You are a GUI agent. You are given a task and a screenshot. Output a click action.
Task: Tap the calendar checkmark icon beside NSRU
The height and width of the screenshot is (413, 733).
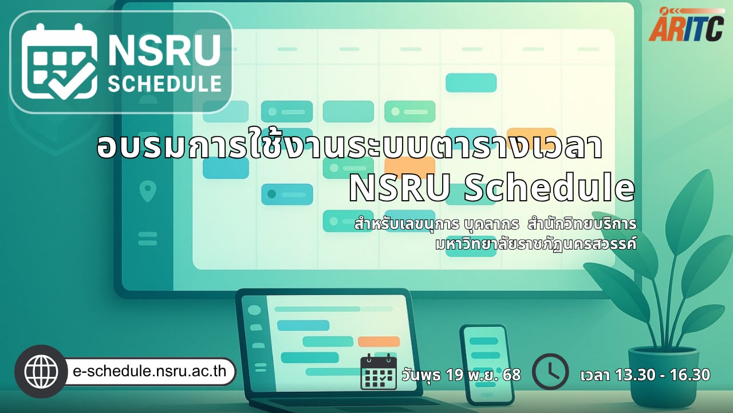[x=59, y=61]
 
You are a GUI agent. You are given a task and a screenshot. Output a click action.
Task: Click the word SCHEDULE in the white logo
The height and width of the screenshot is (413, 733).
[x=164, y=84]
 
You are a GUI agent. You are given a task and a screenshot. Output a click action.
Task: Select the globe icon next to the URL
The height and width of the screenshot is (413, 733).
[x=41, y=371]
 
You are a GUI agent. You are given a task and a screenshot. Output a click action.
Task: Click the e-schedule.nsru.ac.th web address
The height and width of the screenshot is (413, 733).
[x=149, y=371]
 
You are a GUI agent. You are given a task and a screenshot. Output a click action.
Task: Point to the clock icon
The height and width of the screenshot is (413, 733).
[x=550, y=371]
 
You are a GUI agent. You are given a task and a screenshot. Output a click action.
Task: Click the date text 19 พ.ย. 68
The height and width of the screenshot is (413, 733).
[x=483, y=375]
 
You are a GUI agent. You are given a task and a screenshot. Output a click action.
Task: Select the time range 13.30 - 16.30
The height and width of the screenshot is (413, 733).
[x=663, y=375]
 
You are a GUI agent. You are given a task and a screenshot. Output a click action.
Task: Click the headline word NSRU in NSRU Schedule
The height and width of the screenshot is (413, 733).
[x=399, y=189]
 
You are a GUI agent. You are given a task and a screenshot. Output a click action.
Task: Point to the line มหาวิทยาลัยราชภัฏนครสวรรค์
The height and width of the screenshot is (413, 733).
[x=535, y=244]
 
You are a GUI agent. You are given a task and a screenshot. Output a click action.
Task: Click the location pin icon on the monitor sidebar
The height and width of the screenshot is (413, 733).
[x=148, y=192]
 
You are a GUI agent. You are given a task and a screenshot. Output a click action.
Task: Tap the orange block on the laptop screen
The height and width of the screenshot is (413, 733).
[x=379, y=341]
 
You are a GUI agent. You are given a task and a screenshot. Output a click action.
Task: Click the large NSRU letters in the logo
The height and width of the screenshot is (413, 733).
[x=164, y=50]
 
